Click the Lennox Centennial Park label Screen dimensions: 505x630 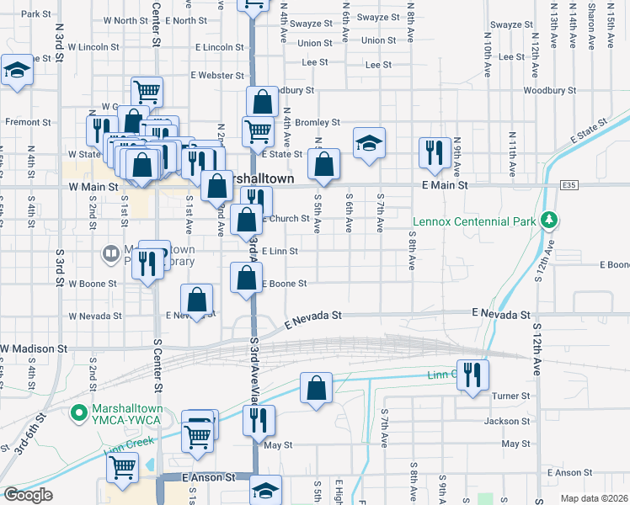tap(474, 222)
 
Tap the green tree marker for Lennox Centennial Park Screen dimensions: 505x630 tap(550, 220)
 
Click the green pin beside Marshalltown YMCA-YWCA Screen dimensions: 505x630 tap(79, 412)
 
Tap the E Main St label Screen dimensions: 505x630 tap(444, 185)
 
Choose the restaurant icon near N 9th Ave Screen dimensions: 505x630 tap(433, 152)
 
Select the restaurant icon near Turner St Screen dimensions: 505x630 tap(472, 374)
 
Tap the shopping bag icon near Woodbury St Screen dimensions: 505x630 tap(263, 102)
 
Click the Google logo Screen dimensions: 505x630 tap(28, 495)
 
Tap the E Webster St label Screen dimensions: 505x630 tap(216, 75)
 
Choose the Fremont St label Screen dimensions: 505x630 tap(22, 122)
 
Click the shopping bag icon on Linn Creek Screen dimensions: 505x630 tap(316, 388)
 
